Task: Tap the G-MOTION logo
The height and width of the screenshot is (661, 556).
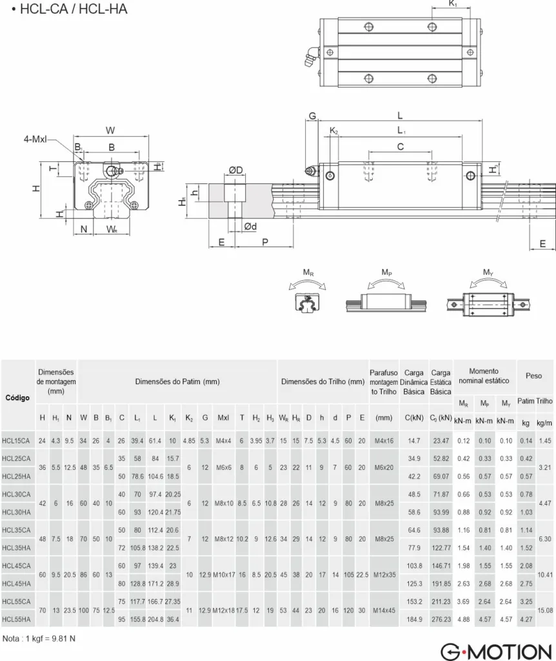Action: tap(496, 651)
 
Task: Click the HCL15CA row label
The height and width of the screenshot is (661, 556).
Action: tap(16, 441)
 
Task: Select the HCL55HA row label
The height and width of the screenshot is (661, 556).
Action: tap(16, 619)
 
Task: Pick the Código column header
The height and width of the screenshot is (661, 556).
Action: tap(17, 398)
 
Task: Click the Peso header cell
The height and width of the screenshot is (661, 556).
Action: tap(533, 376)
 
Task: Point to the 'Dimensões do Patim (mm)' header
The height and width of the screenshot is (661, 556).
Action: tap(177, 381)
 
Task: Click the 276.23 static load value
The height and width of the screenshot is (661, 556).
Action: tap(441, 619)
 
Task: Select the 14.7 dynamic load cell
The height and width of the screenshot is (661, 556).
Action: tap(414, 441)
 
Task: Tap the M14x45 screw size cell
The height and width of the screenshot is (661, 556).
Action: tap(384, 611)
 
